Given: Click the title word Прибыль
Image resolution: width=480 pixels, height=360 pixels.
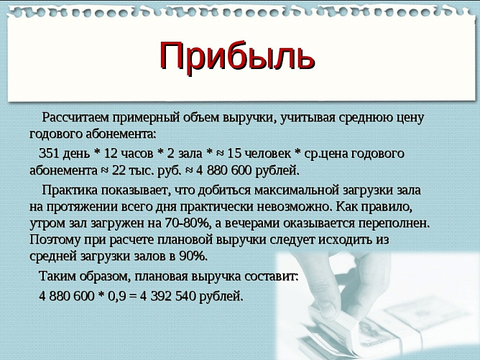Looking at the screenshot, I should pos(237,56).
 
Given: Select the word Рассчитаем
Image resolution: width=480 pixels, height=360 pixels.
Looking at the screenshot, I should pos(77,117).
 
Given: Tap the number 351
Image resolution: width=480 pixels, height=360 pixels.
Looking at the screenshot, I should pos(50,153).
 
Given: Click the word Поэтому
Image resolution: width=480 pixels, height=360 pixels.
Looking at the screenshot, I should pos(55,239).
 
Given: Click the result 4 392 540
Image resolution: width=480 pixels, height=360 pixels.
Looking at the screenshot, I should pos(171,295).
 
